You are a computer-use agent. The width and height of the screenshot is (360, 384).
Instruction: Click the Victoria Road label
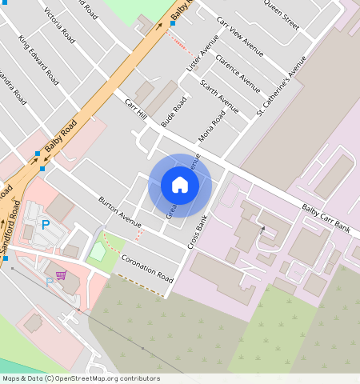pyautogui.click(x=60, y=26)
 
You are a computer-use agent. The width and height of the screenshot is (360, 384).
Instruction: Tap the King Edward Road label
pyautogui.click(x=38, y=60)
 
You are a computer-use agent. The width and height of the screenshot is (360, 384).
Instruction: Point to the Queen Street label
pyautogui.click(x=281, y=14)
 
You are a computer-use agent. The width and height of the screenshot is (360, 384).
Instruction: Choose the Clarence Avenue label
pyautogui.click(x=238, y=74)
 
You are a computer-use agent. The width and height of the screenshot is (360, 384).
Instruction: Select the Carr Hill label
pyautogui.click(x=136, y=110)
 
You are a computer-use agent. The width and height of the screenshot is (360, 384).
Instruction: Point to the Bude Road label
pyautogui.click(x=173, y=111)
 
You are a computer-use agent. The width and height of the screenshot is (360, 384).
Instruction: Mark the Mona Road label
pyautogui.click(x=212, y=125)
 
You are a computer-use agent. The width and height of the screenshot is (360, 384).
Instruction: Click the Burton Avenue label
pyautogui.click(x=119, y=209)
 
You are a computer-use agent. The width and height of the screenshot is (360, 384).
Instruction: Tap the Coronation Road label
pyautogui.click(x=147, y=268)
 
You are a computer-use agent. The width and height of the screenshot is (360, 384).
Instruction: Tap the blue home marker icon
pyautogui.click(x=180, y=186)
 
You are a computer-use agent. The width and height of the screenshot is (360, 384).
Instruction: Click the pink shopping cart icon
pyautogui.click(x=61, y=275)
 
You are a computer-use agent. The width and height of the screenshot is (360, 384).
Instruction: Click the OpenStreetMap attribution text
pyautogui.click(x=81, y=378)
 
